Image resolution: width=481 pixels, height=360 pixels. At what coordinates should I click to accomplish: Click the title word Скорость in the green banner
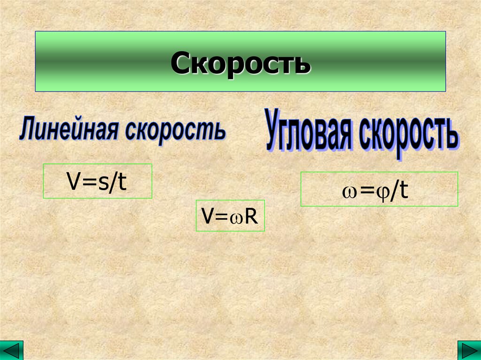[x=240, y=63]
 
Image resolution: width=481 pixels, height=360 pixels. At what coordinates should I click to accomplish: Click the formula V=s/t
[x=97, y=181]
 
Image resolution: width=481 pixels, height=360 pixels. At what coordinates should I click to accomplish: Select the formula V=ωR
[x=230, y=216]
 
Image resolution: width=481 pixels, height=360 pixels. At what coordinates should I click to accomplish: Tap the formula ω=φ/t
[x=379, y=190]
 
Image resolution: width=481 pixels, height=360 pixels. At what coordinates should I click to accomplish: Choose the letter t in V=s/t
[x=123, y=181]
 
